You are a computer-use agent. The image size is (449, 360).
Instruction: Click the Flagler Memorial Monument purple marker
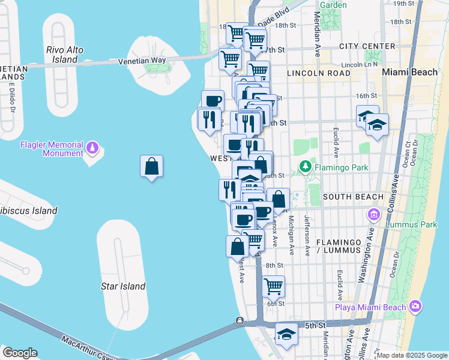coord(92,146)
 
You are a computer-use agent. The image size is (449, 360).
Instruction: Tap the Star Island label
coord(122,286)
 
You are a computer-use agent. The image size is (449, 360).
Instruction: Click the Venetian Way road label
coord(142,61)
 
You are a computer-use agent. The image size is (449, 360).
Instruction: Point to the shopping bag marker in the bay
coord(152,166)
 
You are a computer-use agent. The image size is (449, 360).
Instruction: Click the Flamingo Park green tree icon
coord(306,166)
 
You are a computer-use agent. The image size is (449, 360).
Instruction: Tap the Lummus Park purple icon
coord(373,214)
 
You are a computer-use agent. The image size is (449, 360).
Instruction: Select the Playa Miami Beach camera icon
coord(415,307)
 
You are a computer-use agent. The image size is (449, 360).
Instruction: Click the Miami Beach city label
coord(410,72)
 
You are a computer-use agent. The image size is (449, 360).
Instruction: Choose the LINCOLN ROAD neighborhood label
coord(318,73)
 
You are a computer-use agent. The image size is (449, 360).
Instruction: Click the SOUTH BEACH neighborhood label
coord(352,197)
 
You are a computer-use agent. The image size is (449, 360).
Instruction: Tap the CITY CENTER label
coord(367,46)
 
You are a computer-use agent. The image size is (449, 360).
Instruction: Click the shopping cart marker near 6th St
coord(273,286)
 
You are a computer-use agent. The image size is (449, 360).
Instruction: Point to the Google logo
coord(20,353)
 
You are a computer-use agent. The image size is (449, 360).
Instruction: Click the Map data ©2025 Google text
coord(412,355)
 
